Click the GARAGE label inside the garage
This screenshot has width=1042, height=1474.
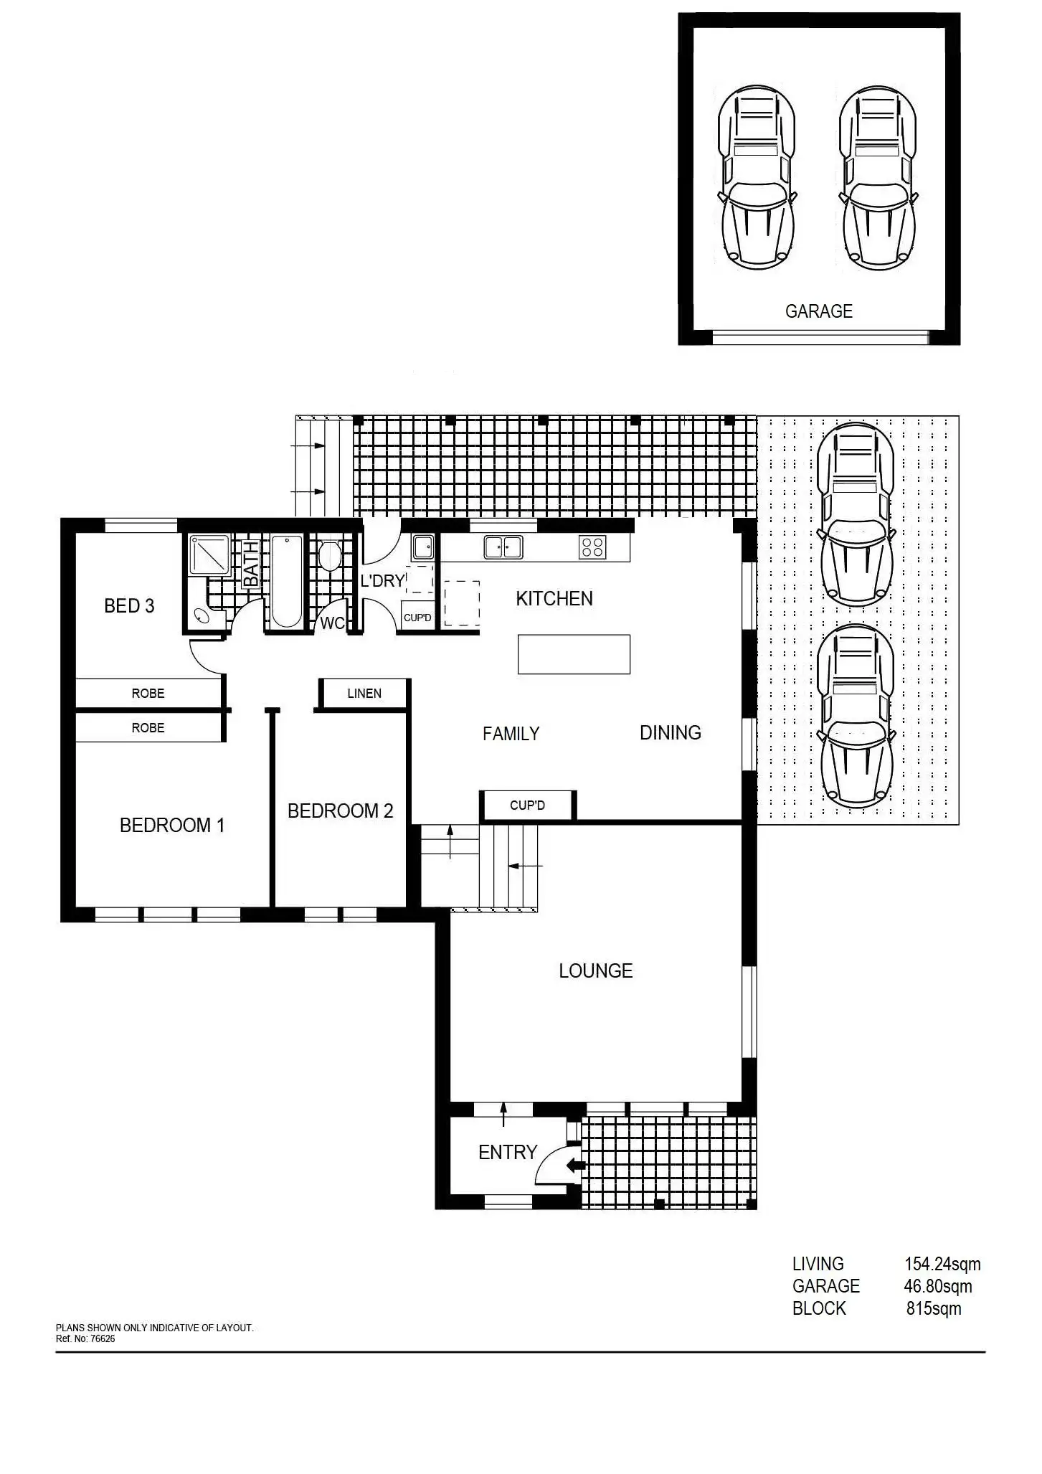pos(818,311)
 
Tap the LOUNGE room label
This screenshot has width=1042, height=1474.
pos(595,971)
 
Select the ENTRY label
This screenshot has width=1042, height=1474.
pos(508,1153)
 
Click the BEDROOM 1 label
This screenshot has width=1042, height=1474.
pos(172,826)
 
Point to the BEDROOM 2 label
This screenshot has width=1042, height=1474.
pos(340,811)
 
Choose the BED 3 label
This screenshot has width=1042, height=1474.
pos(129,606)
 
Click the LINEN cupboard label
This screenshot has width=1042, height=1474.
pos(364,694)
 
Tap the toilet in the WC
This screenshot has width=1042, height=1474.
pos(329,556)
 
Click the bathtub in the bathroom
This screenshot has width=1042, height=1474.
pos(287,582)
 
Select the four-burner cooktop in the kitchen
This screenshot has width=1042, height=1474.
pos(592,547)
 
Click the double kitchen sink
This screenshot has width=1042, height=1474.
pos(503,547)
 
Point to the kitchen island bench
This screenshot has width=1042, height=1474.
pos(574,654)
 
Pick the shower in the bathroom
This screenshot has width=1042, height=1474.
pos(209,554)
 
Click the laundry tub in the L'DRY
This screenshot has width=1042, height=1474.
pos(422,547)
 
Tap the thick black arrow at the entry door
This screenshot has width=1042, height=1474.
pos(576,1166)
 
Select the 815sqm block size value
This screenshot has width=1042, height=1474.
pos(934,1309)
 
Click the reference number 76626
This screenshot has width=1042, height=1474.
pos(102,1338)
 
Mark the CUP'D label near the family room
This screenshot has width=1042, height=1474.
pos(527,805)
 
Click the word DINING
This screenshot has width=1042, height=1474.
pos(671,733)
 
